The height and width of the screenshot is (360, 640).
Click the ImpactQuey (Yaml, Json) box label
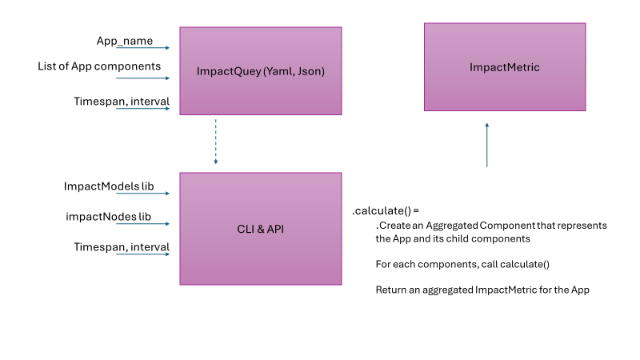260,71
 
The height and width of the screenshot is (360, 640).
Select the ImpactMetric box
504,67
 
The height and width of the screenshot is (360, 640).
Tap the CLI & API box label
260,229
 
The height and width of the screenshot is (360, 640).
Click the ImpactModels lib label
108,186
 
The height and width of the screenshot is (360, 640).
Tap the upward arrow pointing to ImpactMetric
486,144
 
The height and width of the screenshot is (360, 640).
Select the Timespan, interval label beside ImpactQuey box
122,101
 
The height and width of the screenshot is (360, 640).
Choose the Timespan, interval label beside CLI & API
122,247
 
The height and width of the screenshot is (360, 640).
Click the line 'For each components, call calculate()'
460,264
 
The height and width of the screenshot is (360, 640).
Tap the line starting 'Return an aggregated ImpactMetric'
482,290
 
